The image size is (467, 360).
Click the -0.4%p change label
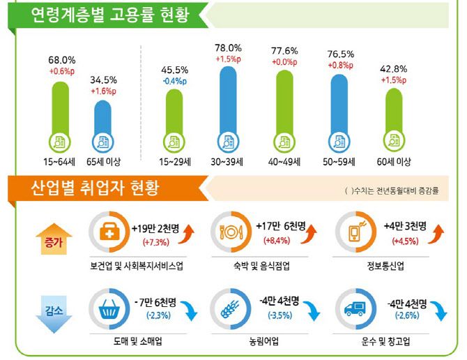pos(175,80)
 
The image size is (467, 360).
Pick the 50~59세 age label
pos(339,162)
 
